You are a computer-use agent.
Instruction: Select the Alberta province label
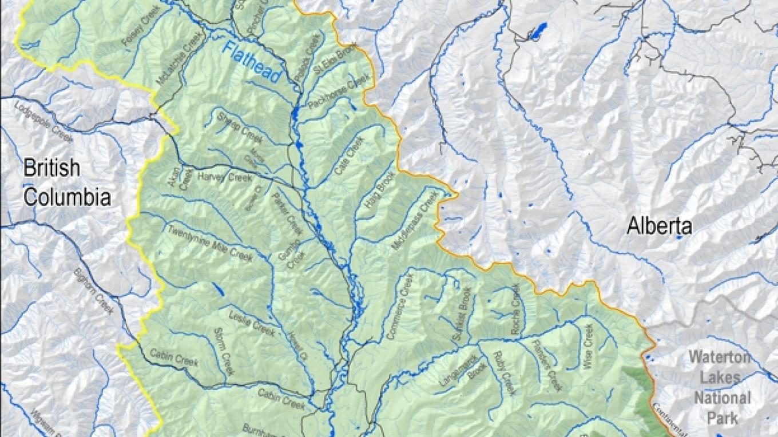click(x=659, y=227)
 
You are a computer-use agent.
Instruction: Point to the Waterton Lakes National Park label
click(x=719, y=388)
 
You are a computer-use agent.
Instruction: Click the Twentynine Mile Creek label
click(x=209, y=244)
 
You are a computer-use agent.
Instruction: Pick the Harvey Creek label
click(x=224, y=177)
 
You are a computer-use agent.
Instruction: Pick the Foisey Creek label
click(x=138, y=34)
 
